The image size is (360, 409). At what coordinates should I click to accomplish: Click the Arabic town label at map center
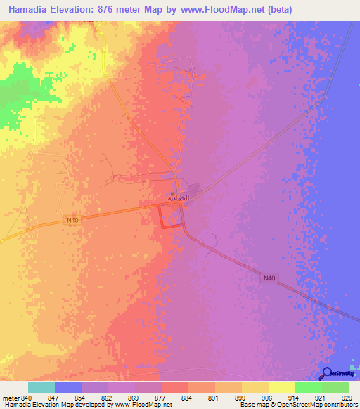[179, 198]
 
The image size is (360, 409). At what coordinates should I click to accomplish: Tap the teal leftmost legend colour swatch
[41, 387]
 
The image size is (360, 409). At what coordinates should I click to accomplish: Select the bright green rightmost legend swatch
[335, 387]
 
